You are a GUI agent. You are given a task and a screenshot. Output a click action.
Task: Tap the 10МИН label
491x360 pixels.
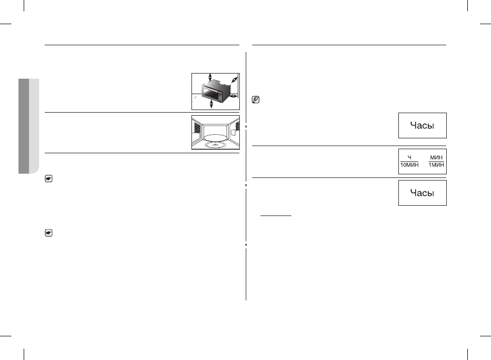(409, 165)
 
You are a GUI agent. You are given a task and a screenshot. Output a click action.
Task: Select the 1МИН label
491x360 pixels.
(436, 165)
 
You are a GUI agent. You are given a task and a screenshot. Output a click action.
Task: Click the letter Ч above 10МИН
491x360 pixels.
(409, 158)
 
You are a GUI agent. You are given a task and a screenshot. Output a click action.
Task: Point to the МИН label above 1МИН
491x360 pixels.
(436, 158)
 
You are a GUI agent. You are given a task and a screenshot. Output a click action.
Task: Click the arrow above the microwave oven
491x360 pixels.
(210, 77)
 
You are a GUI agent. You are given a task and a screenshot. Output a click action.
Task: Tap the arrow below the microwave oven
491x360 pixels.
(211, 104)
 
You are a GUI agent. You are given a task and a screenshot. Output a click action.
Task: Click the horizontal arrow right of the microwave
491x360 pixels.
(234, 96)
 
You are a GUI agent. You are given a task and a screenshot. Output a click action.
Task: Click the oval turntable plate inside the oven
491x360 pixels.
(216, 138)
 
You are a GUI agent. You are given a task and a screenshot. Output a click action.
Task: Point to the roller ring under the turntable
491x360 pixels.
(216, 145)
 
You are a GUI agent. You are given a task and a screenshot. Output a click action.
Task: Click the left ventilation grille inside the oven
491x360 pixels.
(197, 128)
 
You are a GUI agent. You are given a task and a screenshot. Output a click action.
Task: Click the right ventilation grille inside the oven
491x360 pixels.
(237, 127)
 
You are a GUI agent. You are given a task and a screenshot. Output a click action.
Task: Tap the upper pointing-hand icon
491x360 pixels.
(48, 178)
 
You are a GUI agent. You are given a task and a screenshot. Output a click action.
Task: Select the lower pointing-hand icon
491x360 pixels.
(48, 233)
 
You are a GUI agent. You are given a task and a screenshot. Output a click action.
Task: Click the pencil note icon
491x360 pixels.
(255, 100)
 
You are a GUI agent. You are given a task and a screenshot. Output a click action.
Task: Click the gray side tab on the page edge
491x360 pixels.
(29, 126)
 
